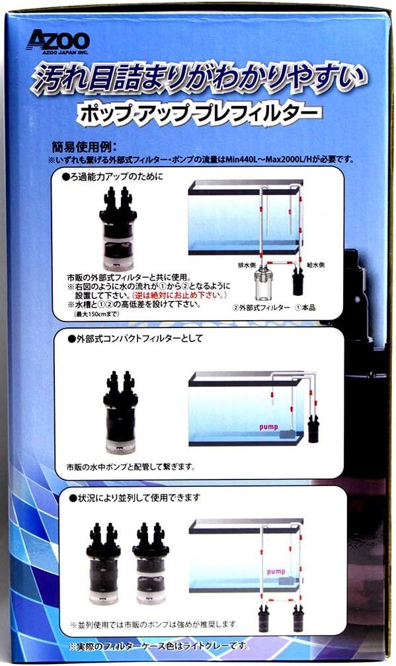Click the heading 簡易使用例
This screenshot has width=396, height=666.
pyautogui.click(x=83, y=147)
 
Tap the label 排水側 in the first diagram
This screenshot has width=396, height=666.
pyautogui.click(x=247, y=265)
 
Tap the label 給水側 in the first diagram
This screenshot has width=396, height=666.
pyautogui.click(x=316, y=265)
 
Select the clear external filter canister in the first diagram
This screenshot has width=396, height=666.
pyautogui.click(x=262, y=284)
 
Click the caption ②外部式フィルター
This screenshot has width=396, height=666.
pyautogui.click(x=261, y=308)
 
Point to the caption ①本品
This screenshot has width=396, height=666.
pyautogui.click(x=305, y=308)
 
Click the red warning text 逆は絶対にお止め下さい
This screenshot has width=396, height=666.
pyautogui.click(x=180, y=295)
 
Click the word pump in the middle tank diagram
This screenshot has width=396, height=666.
pyautogui.click(x=268, y=427)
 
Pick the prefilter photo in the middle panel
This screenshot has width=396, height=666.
pyautogui.click(x=120, y=412)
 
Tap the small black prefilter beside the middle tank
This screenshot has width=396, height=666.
pyautogui.click(x=313, y=429)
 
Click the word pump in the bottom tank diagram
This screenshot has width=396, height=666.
pyautogui.click(x=276, y=571)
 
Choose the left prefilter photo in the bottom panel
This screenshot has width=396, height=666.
pyautogui.click(x=103, y=563)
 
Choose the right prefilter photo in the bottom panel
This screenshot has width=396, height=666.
pyautogui.click(x=151, y=563)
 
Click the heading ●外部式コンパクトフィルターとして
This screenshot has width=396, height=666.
pyautogui.click(x=136, y=339)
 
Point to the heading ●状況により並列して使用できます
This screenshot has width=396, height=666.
pyautogui.click(x=135, y=497)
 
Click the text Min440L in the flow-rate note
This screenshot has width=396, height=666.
pyautogui.click(x=241, y=159)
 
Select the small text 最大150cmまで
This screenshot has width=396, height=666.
pyautogui.click(x=97, y=314)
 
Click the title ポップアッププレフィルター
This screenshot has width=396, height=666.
pyautogui.click(x=198, y=112)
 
